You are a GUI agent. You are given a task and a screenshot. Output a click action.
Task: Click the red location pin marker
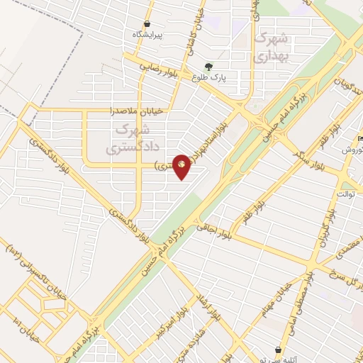(x=182, y=166)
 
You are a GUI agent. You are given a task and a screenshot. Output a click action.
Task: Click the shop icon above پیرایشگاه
(x=146, y=23)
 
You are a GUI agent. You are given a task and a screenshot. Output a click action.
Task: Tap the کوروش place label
(x=353, y=150)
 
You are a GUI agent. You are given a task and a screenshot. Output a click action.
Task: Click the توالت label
(x=346, y=194)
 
